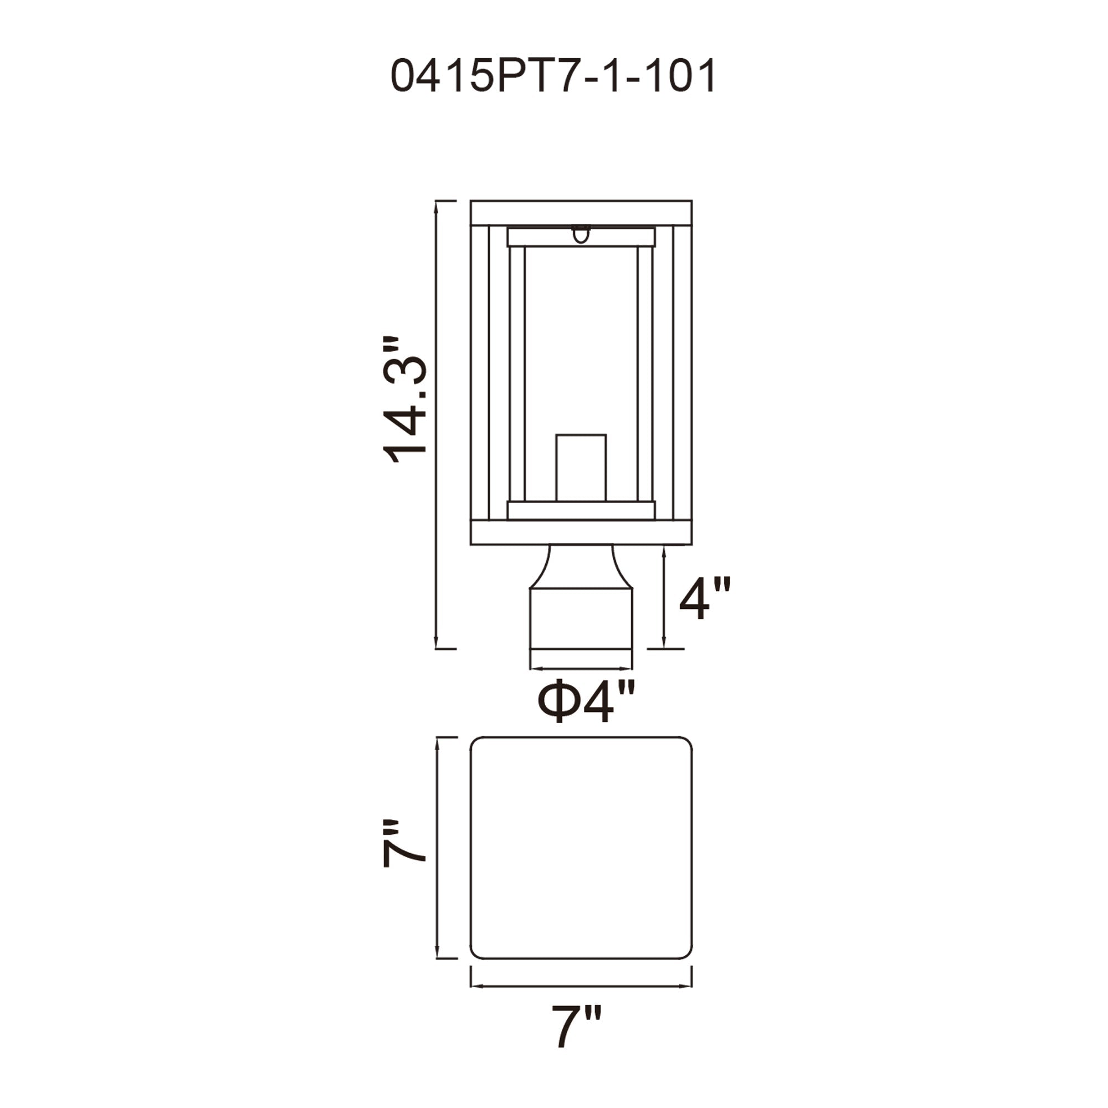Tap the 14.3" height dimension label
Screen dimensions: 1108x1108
(406, 400)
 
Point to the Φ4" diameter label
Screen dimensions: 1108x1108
(586, 700)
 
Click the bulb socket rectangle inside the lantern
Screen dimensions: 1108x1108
(581, 468)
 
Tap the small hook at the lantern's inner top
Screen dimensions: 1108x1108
(581, 234)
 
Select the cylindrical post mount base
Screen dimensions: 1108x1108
(581, 629)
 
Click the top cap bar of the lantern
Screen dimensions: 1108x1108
(581, 213)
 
